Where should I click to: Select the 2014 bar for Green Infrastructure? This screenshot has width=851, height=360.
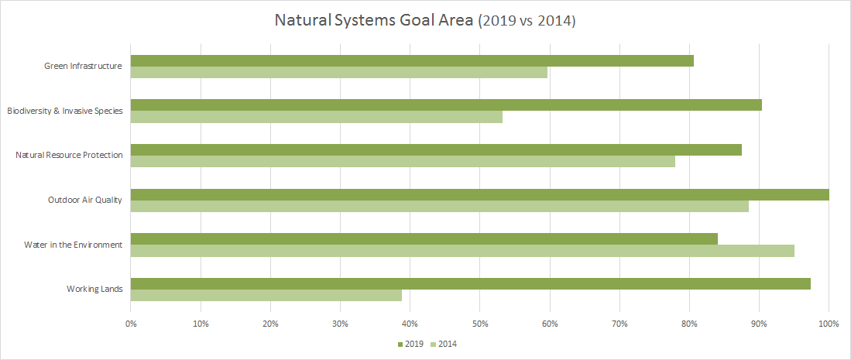coord(339,72)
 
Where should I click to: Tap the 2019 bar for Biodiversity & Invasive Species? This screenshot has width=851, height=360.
coord(446,105)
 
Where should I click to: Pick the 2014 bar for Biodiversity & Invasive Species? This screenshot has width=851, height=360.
coord(317,117)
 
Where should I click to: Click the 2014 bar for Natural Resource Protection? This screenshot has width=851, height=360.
coord(403,161)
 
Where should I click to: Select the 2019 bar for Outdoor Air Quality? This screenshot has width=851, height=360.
coord(479,194)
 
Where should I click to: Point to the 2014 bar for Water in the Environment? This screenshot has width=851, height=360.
coord(462,250)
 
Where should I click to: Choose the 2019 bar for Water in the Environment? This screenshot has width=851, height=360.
coord(424,238)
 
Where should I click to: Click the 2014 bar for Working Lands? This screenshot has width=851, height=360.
coord(266,295)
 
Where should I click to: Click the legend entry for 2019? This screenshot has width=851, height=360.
coord(410,344)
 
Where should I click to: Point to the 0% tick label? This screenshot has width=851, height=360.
coord(131,323)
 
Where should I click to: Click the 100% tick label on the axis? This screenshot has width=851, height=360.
coord(829,323)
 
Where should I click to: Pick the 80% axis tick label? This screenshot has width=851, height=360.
coord(689,323)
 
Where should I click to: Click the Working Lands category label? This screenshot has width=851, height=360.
coord(94,290)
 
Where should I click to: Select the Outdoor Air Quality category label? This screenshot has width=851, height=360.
coord(85,200)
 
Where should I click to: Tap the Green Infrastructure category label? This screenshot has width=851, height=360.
coord(84,67)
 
